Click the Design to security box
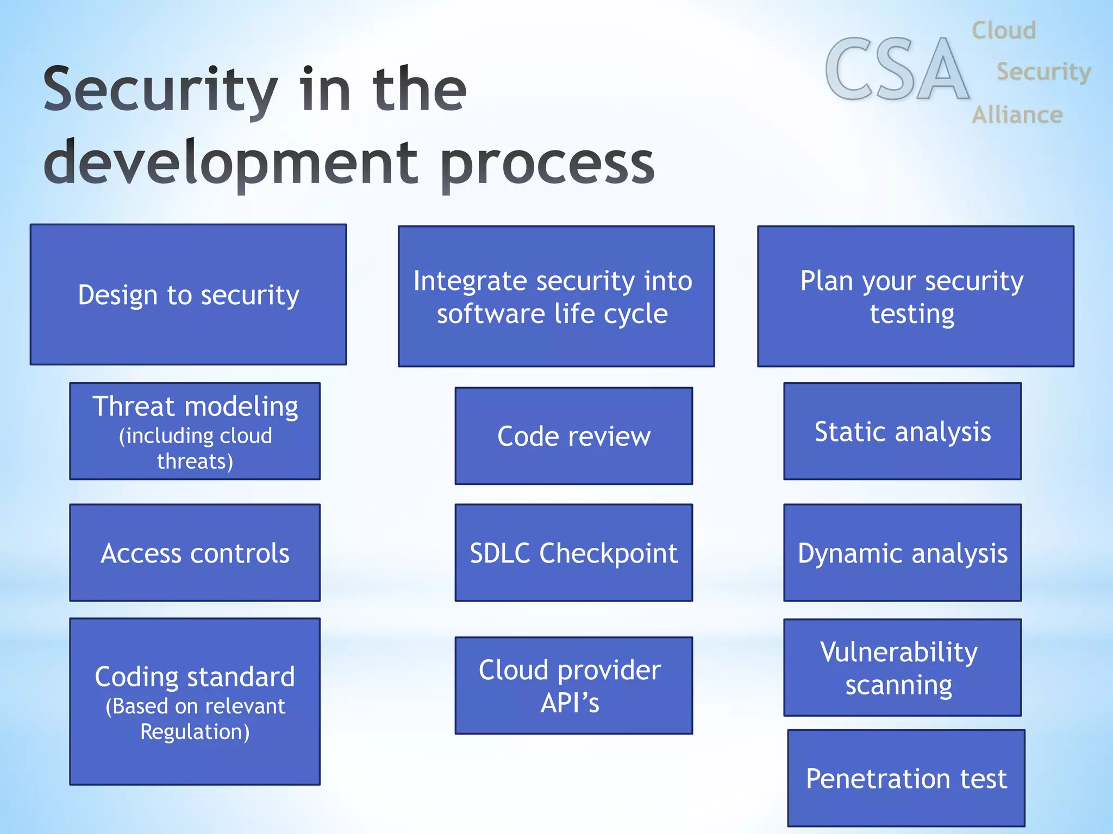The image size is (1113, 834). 188,295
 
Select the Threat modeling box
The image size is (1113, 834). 195,432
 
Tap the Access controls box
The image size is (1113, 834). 195,553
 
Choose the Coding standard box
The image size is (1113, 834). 195,701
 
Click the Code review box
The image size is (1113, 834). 573,436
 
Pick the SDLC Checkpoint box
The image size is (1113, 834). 573,553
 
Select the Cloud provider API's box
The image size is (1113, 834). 573,685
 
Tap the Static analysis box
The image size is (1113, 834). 902,432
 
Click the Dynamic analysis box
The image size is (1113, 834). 902,553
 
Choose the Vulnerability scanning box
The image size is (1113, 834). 902,668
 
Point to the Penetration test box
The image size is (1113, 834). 906,778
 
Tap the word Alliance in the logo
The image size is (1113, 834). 1017,115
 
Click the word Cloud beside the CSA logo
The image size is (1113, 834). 1004,30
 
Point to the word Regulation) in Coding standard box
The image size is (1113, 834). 195,732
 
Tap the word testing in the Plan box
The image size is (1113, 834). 912,314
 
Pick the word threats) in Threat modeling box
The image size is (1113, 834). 195,462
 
